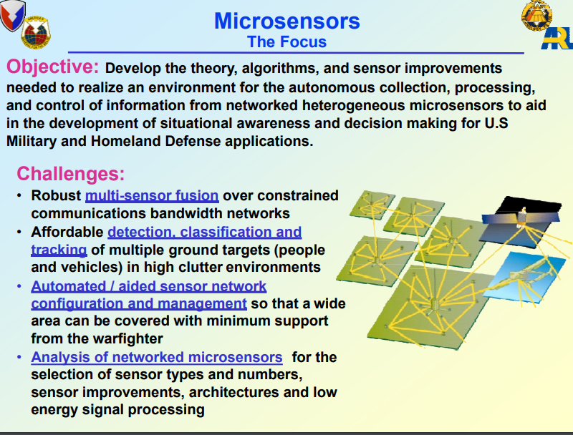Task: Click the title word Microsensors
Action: pos(287,21)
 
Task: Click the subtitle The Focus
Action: pos(287,41)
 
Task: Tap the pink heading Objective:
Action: pos(52,67)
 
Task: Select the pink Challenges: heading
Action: pos(70,173)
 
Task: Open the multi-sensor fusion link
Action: pos(152,195)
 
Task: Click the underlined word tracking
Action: pos(59,250)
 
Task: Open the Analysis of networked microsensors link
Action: pos(157,357)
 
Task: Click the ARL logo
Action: pos(557,39)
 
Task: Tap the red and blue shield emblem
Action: pos(12,14)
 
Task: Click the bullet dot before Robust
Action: pos(19,195)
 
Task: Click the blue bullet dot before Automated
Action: pos(19,286)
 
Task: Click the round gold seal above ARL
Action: pos(536,15)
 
